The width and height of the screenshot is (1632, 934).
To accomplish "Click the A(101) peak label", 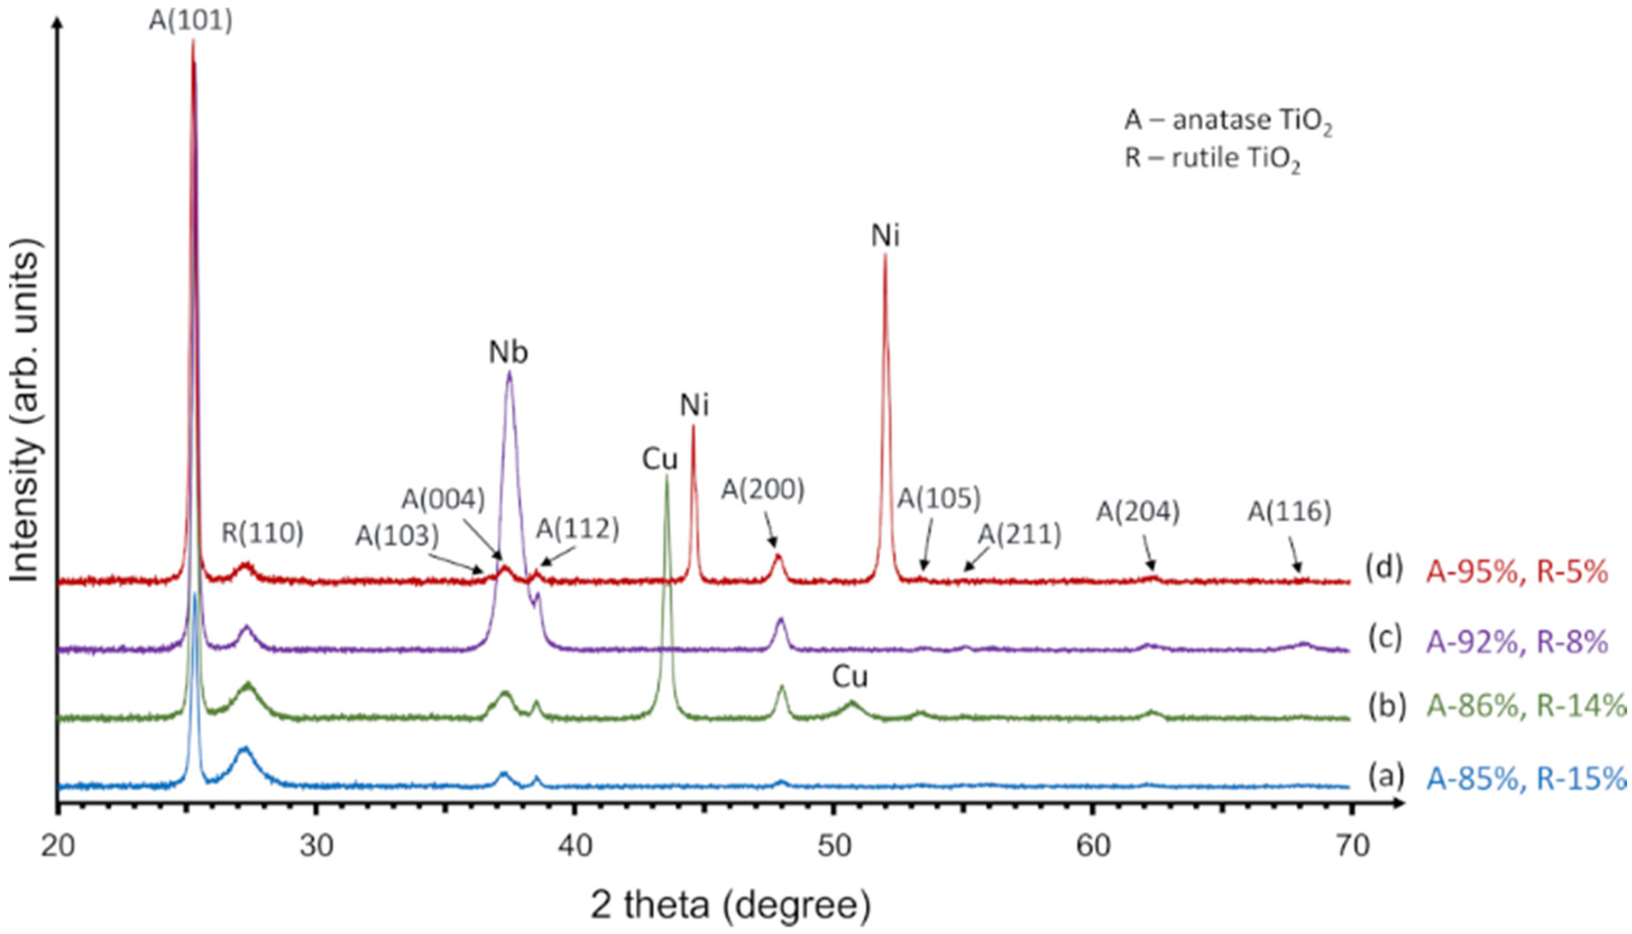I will tap(191, 21).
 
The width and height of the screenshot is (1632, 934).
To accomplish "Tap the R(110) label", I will tap(263, 533).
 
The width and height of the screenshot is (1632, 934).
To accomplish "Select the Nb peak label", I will tap(509, 352).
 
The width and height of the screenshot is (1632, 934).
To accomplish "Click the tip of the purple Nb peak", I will tap(509, 372).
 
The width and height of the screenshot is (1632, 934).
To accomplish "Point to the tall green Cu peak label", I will tap(659, 459).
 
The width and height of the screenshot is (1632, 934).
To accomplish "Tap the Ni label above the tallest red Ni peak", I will tap(885, 237).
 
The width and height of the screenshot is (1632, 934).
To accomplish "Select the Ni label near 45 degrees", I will tap(695, 406).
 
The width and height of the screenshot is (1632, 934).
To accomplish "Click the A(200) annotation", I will tap(763, 490).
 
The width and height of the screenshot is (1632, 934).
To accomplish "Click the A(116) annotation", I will tap(1289, 512).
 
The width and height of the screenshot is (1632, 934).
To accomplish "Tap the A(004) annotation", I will tap(443, 500).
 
